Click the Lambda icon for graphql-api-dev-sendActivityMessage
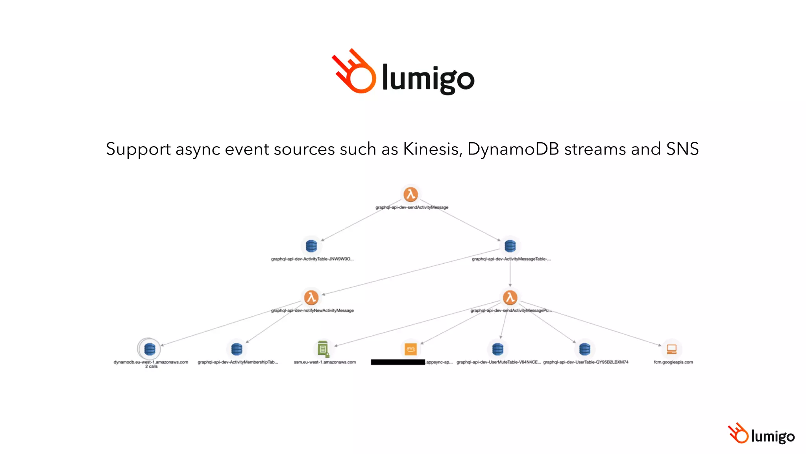(x=410, y=194)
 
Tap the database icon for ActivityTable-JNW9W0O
(x=311, y=246)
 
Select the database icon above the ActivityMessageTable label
(x=510, y=246)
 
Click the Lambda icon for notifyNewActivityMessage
(x=311, y=298)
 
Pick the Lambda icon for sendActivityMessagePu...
(x=510, y=298)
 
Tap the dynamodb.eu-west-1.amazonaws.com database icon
(x=150, y=349)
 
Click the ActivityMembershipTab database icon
(x=237, y=349)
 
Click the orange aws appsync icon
(x=410, y=349)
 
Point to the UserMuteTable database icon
(x=497, y=349)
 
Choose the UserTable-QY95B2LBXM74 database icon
(x=584, y=349)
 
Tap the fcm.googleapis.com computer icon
(x=671, y=349)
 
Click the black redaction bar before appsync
(x=398, y=362)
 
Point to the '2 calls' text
(x=151, y=367)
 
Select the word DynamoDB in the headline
(x=513, y=149)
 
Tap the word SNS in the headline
(x=682, y=149)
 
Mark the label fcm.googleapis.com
(x=673, y=362)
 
